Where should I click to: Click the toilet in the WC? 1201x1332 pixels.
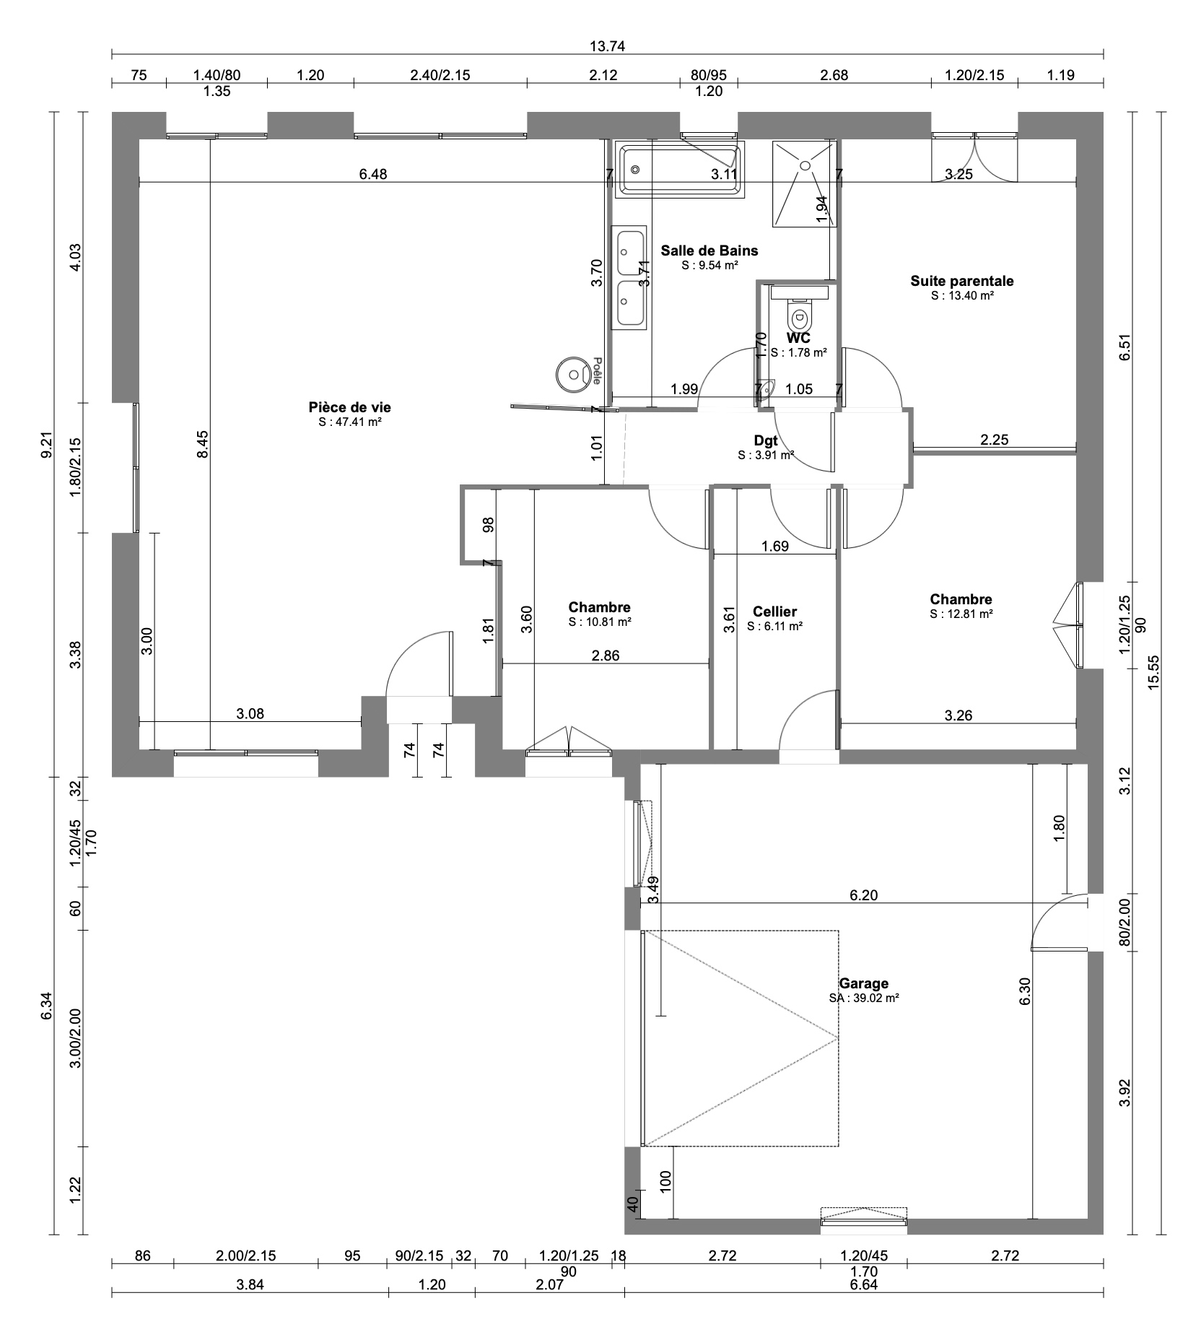click(x=799, y=315)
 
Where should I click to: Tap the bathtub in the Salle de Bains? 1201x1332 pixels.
click(x=679, y=170)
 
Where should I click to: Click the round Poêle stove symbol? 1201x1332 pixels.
click(x=574, y=375)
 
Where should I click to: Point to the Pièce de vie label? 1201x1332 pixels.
click(x=350, y=408)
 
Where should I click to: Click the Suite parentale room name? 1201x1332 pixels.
click(x=962, y=281)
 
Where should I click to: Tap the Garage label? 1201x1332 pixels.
click(x=863, y=983)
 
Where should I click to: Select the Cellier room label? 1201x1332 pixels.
click(x=774, y=612)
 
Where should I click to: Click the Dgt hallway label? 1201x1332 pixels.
click(x=766, y=441)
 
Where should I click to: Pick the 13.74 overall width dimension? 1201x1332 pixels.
click(x=607, y=47)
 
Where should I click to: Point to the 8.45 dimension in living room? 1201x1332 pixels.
click(x=204, y=444)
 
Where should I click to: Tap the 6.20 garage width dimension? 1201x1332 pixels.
click(x=864, y=895)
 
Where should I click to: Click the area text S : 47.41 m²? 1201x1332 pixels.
click(x=350, y=422)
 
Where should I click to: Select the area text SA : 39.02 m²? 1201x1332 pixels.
click(x=864, y=998)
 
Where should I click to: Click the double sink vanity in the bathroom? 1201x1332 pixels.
click(x=631, y=278)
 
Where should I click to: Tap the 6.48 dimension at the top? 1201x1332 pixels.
click(x=373, y=173)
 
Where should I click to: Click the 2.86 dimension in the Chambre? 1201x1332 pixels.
click(x=605, y=656)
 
